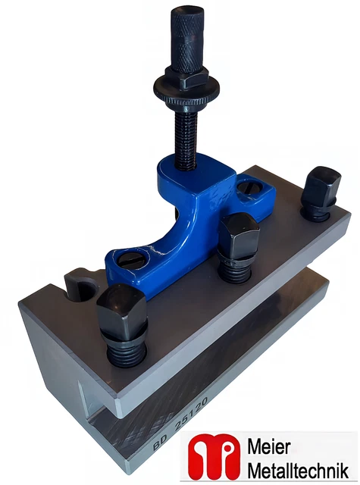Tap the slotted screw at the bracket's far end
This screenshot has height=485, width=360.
click(250, 190)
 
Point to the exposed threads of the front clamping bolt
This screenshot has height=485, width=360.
click(126, 350)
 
